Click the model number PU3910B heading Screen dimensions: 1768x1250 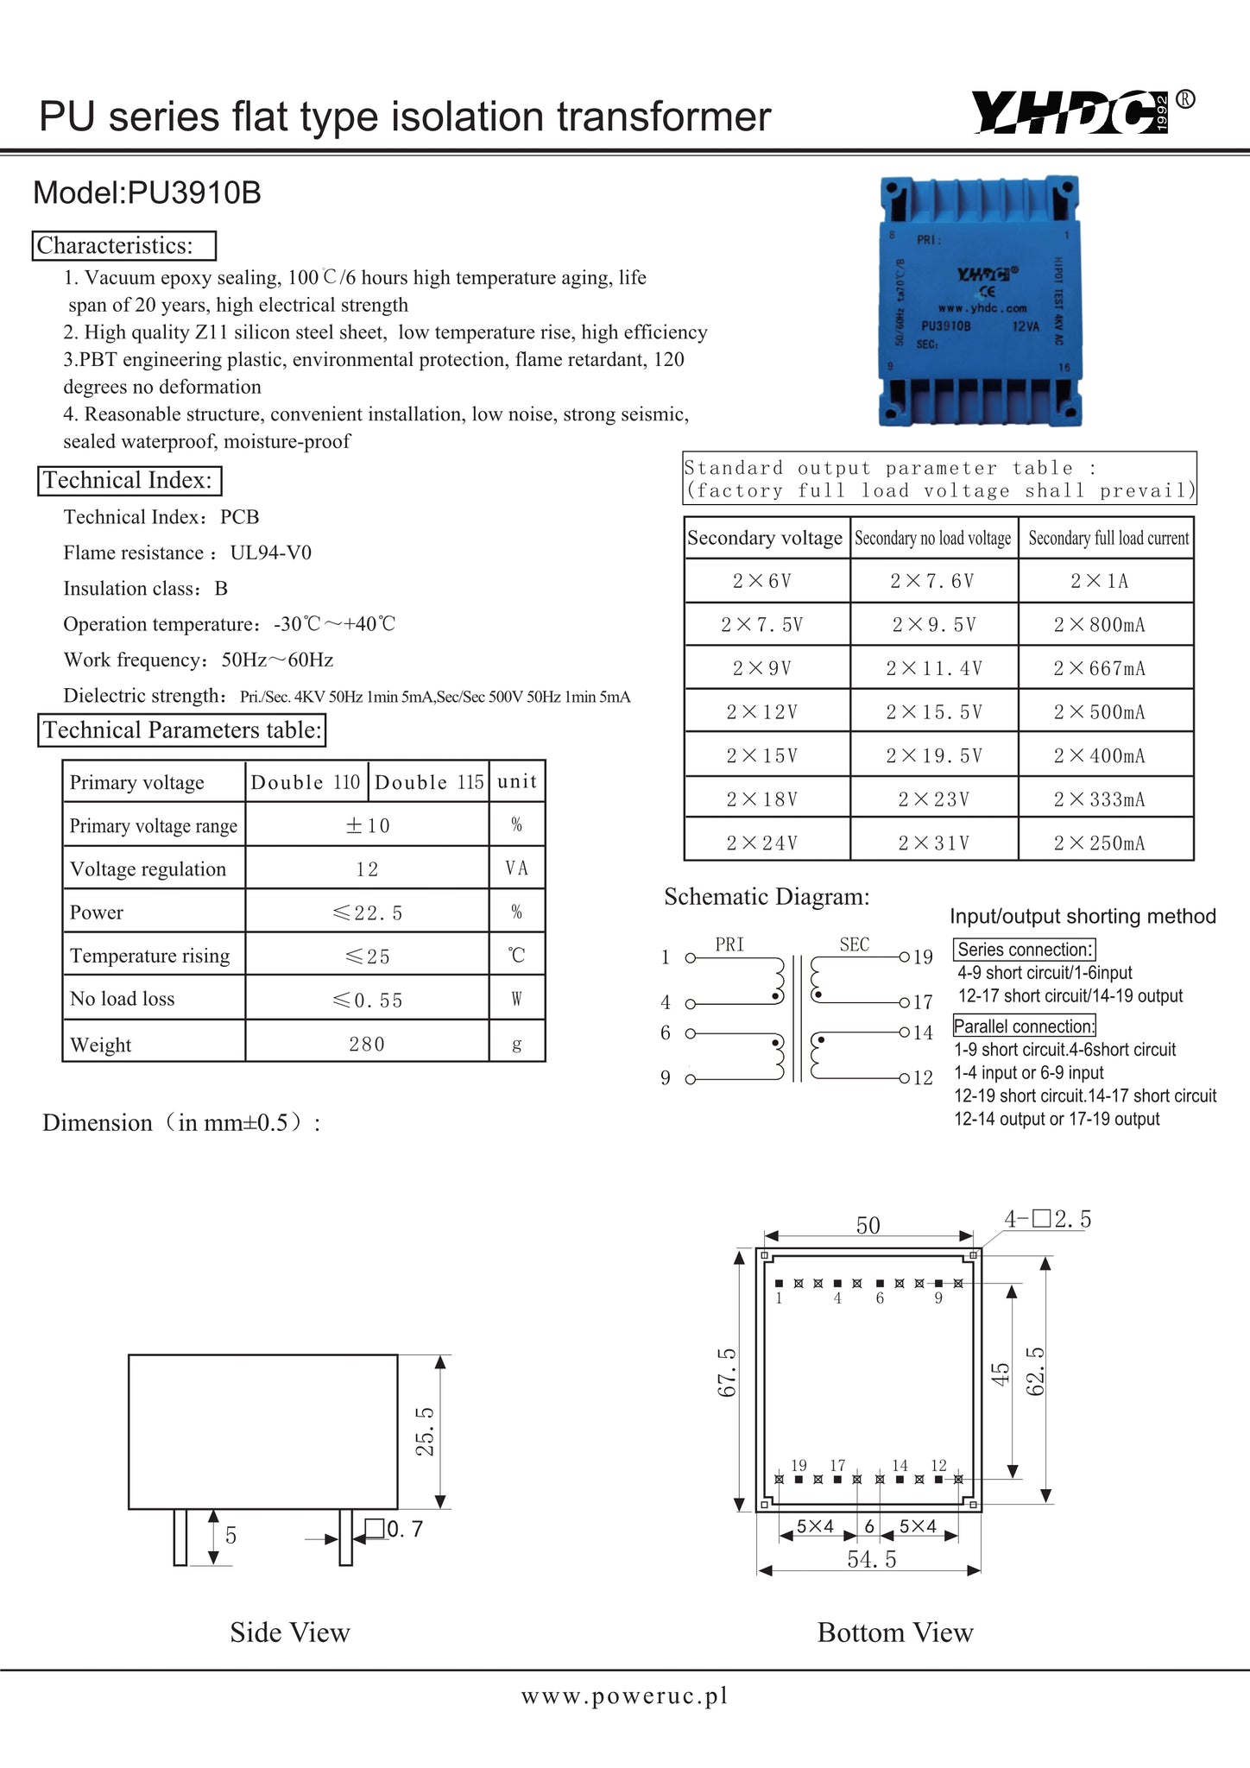[x=147, y=193]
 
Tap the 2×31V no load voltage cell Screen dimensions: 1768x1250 [x=934, y=843]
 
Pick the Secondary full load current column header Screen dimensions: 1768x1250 [x=1108, y=539]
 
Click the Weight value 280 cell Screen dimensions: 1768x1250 [x=367, y=1045]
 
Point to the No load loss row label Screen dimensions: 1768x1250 [x=123, y=999]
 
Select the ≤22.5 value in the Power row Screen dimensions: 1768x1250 [x=367, y=913]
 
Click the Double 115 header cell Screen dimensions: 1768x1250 [x=429, y=782]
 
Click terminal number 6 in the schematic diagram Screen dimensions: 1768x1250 [x=666, y=1032]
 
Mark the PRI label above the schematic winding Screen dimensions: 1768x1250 [x=729, y=944]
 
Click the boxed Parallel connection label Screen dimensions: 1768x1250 [x=1024, y=1026]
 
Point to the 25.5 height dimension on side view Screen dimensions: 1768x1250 [x=426, y=1431]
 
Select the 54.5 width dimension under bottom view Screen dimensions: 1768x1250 [x=872, y=1559]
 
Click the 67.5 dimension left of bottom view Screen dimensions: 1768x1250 [x=727, y=1372]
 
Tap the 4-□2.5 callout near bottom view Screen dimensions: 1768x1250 [x=1047, y=1219]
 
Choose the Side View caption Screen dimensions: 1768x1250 [x=290, y=1632]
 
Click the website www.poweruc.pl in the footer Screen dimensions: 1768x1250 [x=624, y=1696]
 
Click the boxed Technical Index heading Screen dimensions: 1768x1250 [x=129, y=481]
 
